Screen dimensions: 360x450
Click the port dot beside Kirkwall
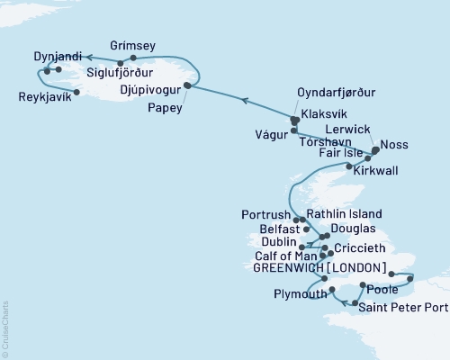pyautogui.click(x=349, y=166)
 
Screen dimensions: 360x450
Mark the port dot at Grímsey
pyautogui.click(x=133, y=58)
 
